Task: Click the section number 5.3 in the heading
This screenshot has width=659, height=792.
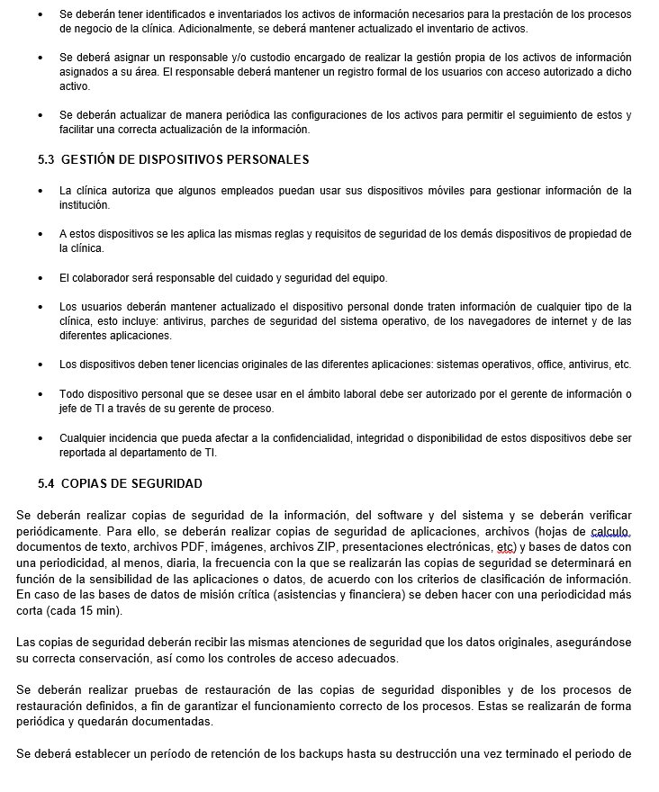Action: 46,160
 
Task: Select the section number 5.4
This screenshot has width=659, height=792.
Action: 46,483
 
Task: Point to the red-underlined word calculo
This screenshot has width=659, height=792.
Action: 610,531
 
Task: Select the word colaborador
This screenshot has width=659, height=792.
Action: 101,277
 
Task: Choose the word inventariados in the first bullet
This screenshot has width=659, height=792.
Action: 222,14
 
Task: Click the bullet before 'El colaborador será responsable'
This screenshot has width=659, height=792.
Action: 41,277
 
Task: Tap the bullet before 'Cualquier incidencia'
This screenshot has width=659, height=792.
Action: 41,438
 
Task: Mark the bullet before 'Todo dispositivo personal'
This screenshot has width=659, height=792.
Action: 41,394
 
